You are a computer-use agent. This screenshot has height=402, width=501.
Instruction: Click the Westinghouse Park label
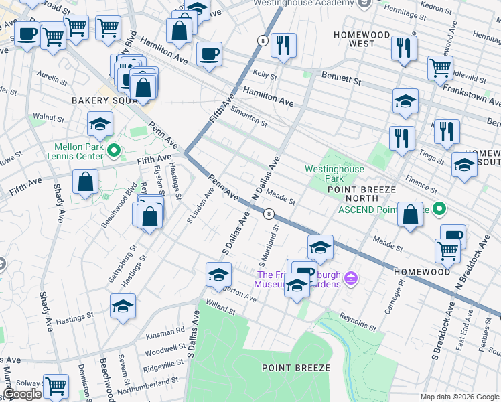(x=334, y=174)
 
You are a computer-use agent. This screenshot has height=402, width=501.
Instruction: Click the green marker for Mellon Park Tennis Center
(x=113, y=149)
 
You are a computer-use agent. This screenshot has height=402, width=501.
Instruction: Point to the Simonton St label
(x=248, y=120)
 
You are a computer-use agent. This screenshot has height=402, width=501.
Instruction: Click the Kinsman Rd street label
(x=164, y=331)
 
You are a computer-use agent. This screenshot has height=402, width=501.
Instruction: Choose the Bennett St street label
(x=342, y=78)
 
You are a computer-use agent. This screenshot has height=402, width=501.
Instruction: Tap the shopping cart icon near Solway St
(x=56, y=386)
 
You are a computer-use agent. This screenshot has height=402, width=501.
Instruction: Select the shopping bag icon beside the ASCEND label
(x=411, y=214)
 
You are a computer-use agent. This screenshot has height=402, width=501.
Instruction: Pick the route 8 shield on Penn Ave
(x=269, y=214)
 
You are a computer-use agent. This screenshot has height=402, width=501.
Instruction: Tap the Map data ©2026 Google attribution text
(x=459, y=397)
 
